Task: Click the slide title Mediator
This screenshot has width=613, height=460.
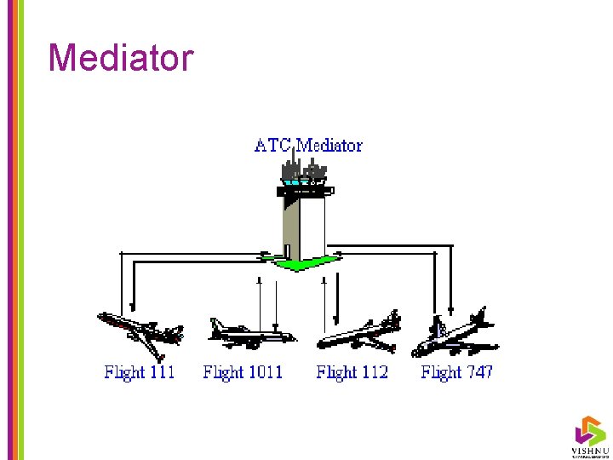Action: coord(121,58)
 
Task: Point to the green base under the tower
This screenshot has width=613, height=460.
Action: coord(299,263)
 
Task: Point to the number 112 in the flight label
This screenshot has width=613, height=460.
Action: coord(371,372)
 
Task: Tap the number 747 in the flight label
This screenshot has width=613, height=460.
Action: coord(478,372)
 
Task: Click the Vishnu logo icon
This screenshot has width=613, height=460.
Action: coord(589,429)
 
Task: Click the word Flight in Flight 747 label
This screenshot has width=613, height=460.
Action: coord(440,372)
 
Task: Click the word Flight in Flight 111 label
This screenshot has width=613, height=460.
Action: coord(123,372)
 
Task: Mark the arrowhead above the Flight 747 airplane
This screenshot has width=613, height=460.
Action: coord(450,312)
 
